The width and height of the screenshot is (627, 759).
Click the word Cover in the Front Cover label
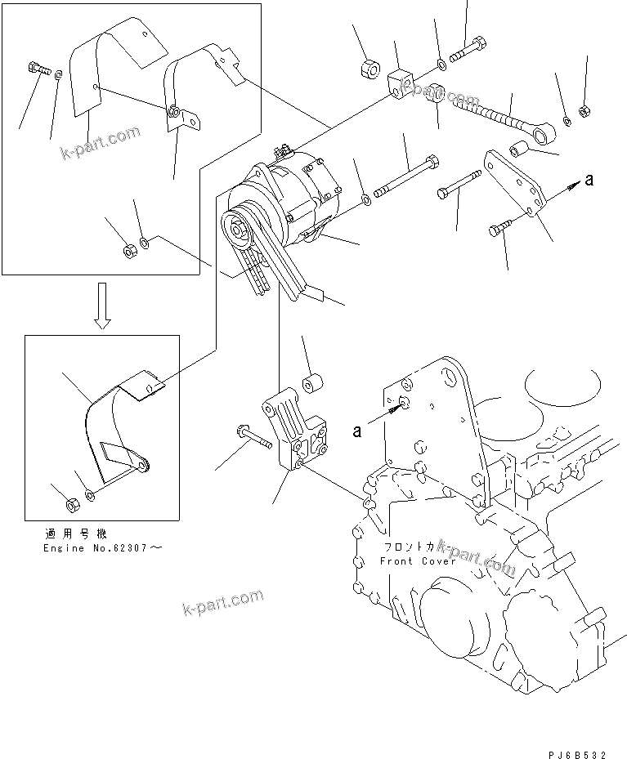[x=439, y=561]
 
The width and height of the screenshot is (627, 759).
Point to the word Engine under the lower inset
[x=62, y=548]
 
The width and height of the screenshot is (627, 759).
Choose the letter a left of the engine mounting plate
[x=357, y=431]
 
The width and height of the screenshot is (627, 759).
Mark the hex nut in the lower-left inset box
[x=70, y=503]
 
